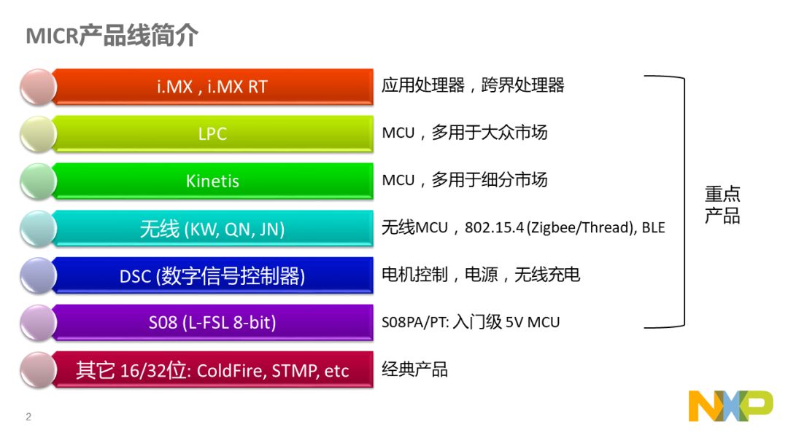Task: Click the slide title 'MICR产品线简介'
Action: (112, 36)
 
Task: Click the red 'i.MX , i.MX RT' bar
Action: (212, 87)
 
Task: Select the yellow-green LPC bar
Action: (212, 134)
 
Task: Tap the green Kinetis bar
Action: (212, 181)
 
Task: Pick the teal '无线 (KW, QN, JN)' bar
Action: (212, 229)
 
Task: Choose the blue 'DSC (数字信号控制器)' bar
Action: (212, 276)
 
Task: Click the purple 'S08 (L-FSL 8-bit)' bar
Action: (212, 323)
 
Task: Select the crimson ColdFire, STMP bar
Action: (212, 370)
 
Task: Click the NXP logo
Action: (730, 406)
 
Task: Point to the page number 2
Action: (28, 417)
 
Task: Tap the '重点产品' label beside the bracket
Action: (722, 205)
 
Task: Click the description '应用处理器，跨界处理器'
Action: (473, 85)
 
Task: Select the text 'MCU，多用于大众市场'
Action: (464, 133)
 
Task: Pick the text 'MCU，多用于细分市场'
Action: (464, 180)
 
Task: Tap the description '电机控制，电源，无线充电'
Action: (481, 275)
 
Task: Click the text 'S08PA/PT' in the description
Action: (414, 322)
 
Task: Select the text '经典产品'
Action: (414, 369)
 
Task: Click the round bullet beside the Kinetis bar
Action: (38, 181)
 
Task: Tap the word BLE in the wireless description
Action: (653, 228)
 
